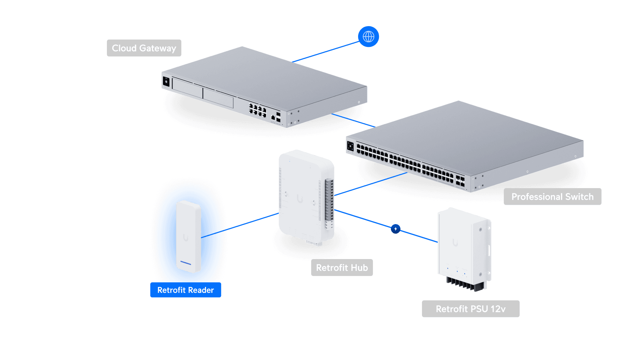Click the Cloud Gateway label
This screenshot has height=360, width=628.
(144, 48)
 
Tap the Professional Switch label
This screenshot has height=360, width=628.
(552, 197)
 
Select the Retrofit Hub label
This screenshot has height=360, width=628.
(342, 268)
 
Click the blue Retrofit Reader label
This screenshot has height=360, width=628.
(185, 290)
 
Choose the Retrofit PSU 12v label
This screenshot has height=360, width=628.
(470, 309)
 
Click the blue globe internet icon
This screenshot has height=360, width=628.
(368, 36)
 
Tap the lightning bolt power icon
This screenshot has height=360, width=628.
(395, 229)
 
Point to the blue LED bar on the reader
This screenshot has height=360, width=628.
(186, 263)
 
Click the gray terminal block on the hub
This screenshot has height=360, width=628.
(329, 201)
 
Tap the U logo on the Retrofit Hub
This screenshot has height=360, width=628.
(300, 199)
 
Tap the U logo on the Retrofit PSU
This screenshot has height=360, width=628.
(455, 243)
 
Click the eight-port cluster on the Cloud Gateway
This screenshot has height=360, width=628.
(257, 110)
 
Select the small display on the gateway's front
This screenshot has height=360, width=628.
(166, 82)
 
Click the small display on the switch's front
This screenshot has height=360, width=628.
(350, 146)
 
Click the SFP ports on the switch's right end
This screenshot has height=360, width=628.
(460, 180)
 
